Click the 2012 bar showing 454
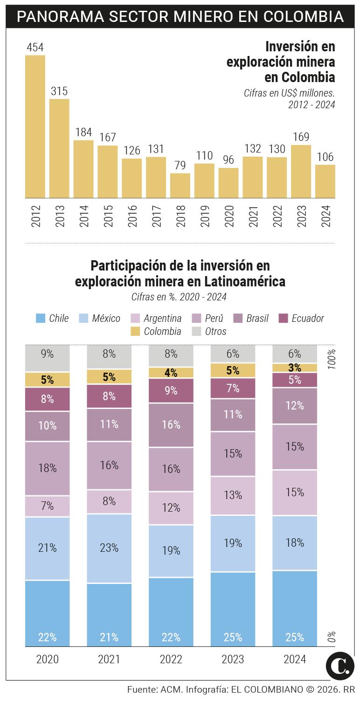click(35, 126)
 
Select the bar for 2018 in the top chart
click(180, 186)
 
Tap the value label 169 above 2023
click(301, 137)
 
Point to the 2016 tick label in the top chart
click(132, 215)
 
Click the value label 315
click(59, 91)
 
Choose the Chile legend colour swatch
click(41, 319)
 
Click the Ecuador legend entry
click(301, 319)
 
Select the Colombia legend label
click(162, 332)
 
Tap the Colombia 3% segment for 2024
click(295, 368)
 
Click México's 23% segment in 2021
click(109, 548)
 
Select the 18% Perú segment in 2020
click(48, 468)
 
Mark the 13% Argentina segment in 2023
click(233, 495)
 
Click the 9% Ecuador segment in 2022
click(171, 390)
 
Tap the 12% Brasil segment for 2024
click(295, 406)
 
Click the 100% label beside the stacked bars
click(332, 359)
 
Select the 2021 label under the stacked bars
click(109, 659)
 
